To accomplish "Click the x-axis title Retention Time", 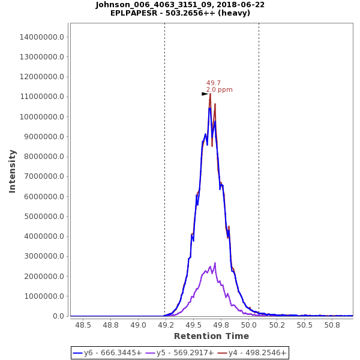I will pyautogui.click(x=211, y=337).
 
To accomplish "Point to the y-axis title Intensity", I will pyautogui.click(x=12, y=171).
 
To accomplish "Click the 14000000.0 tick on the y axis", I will pyautogui.click(x=42, y=37).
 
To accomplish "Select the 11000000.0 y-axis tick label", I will pyautogui.click(x=42, y=97).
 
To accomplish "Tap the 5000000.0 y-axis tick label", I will pyautogui.click(x=44, y=217).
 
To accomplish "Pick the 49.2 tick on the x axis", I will pyautogui.click(x=166, y=325).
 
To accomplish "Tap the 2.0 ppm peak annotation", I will pyautogui.click(x=219, y=90).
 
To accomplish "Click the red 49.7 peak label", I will pyautogui.click(x=214, y=83).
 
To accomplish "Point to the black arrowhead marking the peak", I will pyautogui.click(x=205, y=94).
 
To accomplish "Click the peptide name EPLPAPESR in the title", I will pyautogui.click(x=135, y=13).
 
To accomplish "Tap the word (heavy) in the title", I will pyautogui.click(x=233, y=13).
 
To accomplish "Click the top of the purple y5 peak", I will pyautogui.click(x=215, y=263).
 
